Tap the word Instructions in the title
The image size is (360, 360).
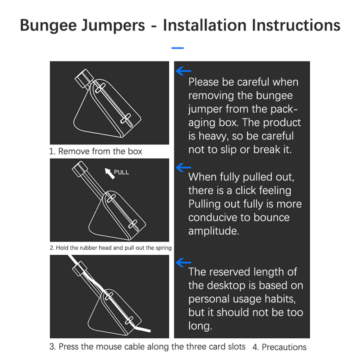click(x=296, y=25)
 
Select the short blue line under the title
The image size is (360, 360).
click(x=177, y=48)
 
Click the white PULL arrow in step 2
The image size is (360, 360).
click(x=110, y=173)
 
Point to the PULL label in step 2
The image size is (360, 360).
click(x=121, y=172)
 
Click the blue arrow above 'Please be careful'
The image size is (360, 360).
click(x=183, y=71)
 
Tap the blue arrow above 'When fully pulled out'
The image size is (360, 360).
click(x=183, y=167)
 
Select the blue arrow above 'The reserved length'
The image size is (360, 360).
click(x=183, y=263)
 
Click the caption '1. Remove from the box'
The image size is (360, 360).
click(x=96, y=151)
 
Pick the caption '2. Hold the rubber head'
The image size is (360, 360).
click(x=111, y=248)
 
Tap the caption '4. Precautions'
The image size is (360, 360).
click(x=280, y=347)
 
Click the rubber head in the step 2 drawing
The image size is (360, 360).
click(x=80, y=169)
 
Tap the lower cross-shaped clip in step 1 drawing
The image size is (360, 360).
click(x=126, y=119)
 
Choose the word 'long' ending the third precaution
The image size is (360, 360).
click(x=200, y=326)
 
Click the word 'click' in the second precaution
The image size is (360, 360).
click(x=247, y=190)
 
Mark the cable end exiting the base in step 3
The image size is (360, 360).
click(x=149, y=331)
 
